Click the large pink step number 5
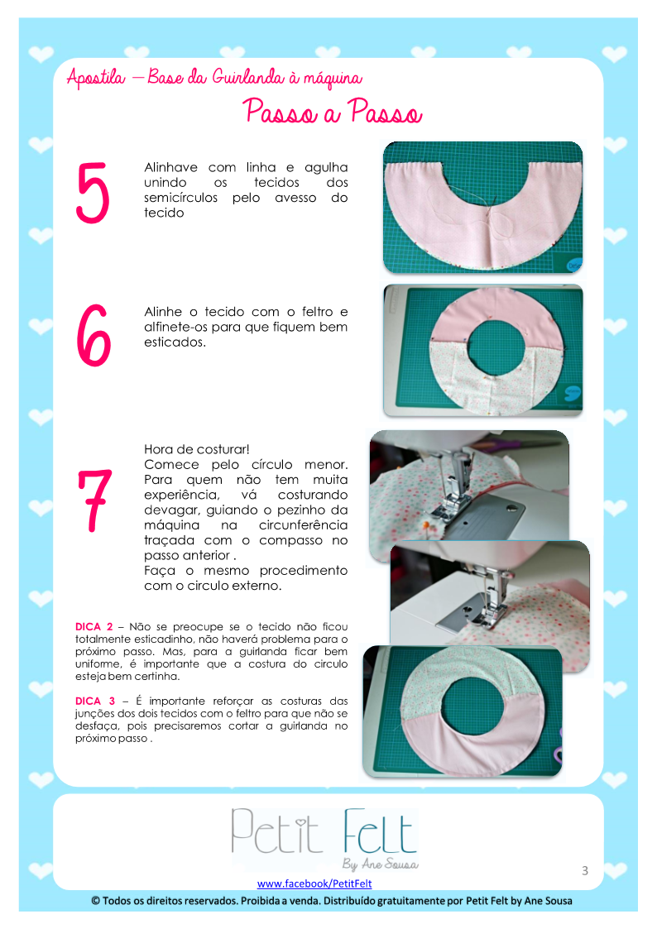(93, 193)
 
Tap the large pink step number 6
(94, 335)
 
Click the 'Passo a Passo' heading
(333, 112)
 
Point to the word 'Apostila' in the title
(96, 78)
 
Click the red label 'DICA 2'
(94, 627)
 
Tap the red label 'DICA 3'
(95, 701)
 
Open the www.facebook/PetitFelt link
(314, 884)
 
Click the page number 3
(585, 870)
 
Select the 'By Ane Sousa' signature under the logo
(381, 864)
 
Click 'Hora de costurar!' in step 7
(197, 450)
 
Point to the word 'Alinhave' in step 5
(170, 168)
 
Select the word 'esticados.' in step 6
(175, 342)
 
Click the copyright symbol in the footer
(95, 901)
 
